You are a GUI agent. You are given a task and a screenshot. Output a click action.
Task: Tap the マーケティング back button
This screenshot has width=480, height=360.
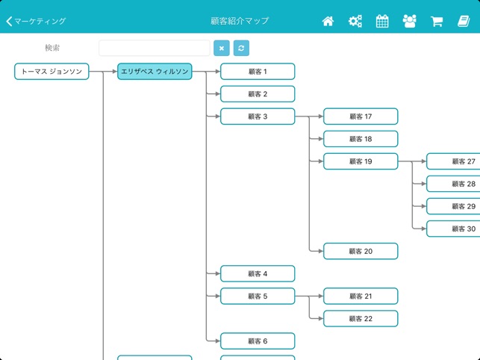click(x=36, y=22)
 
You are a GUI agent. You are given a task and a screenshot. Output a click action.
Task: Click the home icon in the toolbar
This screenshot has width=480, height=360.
click(x=328, y=22)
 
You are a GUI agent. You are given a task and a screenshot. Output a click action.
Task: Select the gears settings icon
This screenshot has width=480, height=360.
click(x=355, y=22)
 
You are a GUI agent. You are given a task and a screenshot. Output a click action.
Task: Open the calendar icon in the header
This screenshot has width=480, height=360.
click(x=382, y=22)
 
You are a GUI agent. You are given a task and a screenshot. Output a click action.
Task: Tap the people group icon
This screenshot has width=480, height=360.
click(x=409, y=22)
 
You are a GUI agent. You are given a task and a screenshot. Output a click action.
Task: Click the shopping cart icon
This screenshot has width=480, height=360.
click(x=437, y=22)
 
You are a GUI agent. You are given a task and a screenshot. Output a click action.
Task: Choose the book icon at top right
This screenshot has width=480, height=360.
click(x=464, y=22)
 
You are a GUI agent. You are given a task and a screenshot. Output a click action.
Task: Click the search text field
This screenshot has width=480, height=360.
click(x=155, y=49)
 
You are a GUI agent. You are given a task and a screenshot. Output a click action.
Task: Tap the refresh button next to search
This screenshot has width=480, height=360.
click(x=241, y=49)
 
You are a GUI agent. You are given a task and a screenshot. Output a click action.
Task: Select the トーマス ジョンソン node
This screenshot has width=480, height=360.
click(x=52, y=72)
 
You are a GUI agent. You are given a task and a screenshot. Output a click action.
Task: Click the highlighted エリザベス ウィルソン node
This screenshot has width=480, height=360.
click(x=155, y=72)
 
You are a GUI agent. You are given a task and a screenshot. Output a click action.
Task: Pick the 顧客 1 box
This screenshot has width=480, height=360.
click(x=258, y=72)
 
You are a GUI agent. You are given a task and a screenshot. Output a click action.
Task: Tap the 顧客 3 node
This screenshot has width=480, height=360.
click(x=258, y=117)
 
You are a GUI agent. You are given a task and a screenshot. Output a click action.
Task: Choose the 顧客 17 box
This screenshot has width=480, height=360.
click(x=361, y=117)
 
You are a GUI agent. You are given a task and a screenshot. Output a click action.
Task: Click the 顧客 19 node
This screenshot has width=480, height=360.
click(x=361, y=161)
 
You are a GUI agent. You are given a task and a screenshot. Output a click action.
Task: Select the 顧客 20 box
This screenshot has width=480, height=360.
click(x=361, y=251)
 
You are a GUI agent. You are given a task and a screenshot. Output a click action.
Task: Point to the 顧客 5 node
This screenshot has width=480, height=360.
click(x=258, y=296)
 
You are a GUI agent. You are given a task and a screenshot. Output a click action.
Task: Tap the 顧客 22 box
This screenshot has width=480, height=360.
click(x=361, y=318)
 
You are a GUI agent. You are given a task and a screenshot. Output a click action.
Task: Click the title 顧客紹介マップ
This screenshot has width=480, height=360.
click(x=240, y=22)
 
